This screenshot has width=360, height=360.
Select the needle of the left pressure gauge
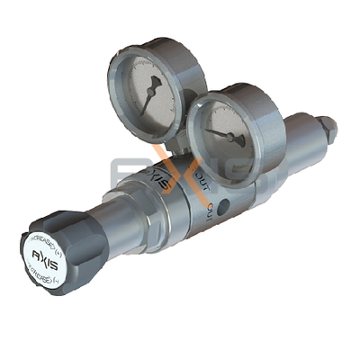147,94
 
